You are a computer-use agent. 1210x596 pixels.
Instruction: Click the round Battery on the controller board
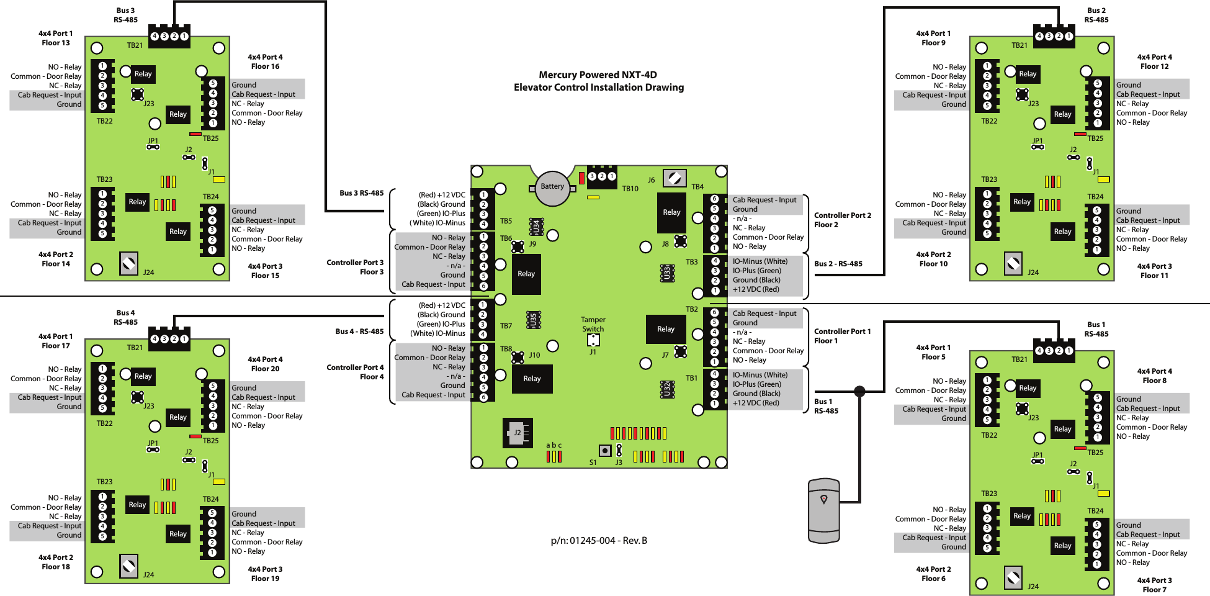(x=552, y=188)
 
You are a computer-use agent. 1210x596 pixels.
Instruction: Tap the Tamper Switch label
(x=593, y=324)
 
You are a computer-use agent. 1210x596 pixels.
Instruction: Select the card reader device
(x=824, y=510)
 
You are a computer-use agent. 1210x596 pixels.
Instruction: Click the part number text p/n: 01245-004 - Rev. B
(x=599, y=541)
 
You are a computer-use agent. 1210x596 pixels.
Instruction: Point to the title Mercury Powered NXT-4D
(x=598, y=75)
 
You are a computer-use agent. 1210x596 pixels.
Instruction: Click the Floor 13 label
(x=56, y=43)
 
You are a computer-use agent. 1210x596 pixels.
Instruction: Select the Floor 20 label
(x=265, y=369)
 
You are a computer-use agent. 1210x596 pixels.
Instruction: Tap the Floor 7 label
(x=1154, y=590)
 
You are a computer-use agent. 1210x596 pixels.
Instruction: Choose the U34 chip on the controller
(x=537, y=227)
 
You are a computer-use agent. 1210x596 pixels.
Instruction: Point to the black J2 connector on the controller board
(x=518, y=433)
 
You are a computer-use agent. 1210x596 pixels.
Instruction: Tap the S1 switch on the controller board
(x=604, y=451)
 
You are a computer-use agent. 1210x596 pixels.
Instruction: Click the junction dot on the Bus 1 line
(x=859, y=391)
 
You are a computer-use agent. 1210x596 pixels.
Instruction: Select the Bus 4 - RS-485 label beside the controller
(x=359, y=332)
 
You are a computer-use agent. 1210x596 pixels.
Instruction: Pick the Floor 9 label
(x=933, y=43)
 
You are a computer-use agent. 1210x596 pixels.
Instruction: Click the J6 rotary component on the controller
(x=674, y=178)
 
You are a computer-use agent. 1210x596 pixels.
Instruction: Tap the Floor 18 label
(x=56, y=567)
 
